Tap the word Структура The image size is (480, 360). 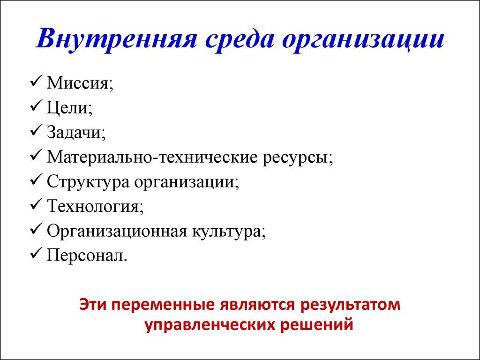(x=87, y=181)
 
